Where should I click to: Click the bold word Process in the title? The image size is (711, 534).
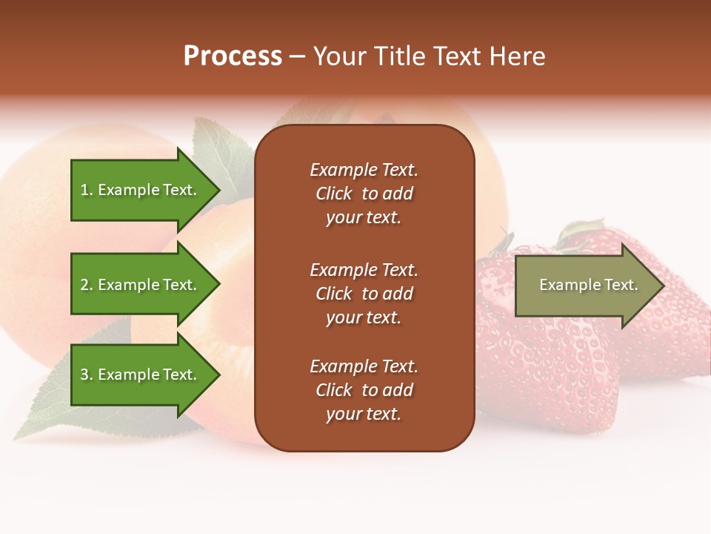[x=233, y=56]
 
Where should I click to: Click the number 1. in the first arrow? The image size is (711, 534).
[x=87, y=190]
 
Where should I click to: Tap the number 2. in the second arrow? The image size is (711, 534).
[x=87, y=285]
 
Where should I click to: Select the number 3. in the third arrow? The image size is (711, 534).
[x=87, y=375]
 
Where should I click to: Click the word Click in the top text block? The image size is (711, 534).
[x=334, y=194]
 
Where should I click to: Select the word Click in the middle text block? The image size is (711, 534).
[x=334, y=294]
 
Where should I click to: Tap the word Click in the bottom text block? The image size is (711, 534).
[x=334, y=390]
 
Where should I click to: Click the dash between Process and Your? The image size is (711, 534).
[x=297, y=57]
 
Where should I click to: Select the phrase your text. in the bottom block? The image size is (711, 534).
[x=364, y=414]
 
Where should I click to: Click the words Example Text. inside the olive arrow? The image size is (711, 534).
[x=588, y=285]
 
